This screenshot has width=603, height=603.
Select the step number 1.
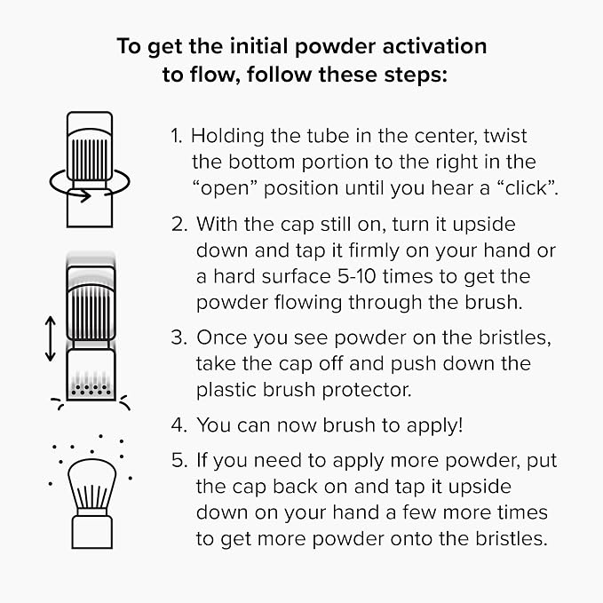(176, 136)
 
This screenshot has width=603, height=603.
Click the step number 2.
(179, 224)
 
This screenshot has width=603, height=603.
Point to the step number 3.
(179, 337)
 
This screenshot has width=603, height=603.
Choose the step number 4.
(179, 425)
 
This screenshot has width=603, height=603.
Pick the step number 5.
(179, 460)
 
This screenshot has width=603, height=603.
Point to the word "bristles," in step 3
(515, 338)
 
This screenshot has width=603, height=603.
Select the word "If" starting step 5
(202, 460)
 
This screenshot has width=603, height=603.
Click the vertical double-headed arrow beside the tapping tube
(51, 339)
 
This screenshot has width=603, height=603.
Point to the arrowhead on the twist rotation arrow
(85, 195)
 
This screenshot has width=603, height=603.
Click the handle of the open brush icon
(91, 532)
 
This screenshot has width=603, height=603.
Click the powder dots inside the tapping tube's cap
(91, 390)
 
